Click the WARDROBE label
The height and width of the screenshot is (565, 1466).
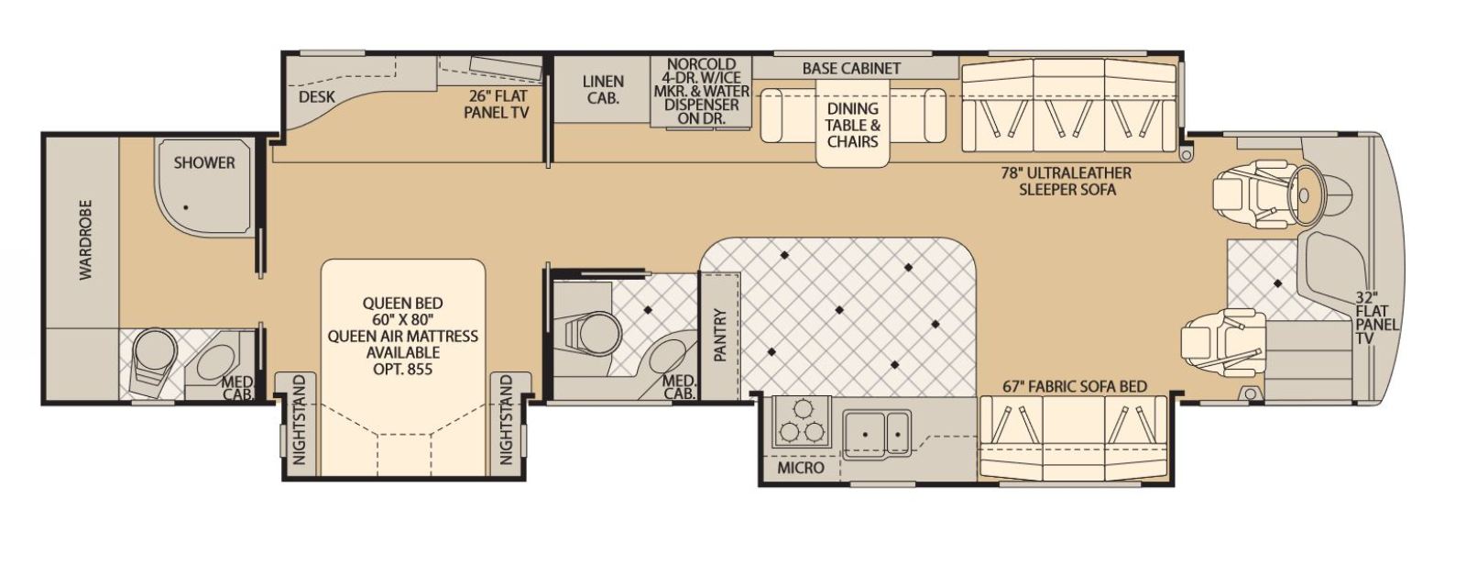point(86,240)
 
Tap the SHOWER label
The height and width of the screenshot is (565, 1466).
point(204,162)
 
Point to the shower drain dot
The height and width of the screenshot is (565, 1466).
point(186,207)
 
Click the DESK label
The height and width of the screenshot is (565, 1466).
point(317,97)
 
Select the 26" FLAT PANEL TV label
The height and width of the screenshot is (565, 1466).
point(496,105)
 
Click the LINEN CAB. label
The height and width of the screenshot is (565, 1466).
point(603,90)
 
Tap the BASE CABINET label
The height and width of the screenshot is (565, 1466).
point(851,68)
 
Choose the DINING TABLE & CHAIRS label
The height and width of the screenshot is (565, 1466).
point(852,125)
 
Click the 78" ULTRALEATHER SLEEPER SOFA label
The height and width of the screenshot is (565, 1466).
point(1067,182)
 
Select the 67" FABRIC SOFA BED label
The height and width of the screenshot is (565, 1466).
point(1075,387)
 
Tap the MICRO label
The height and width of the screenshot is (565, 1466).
point(801,468)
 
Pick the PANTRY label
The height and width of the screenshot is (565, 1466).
point(720,335)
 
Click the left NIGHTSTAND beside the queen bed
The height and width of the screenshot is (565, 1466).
point(299,419)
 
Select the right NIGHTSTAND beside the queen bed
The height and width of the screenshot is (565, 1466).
point(506,419)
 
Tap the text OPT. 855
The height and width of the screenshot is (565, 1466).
point(402,369)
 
